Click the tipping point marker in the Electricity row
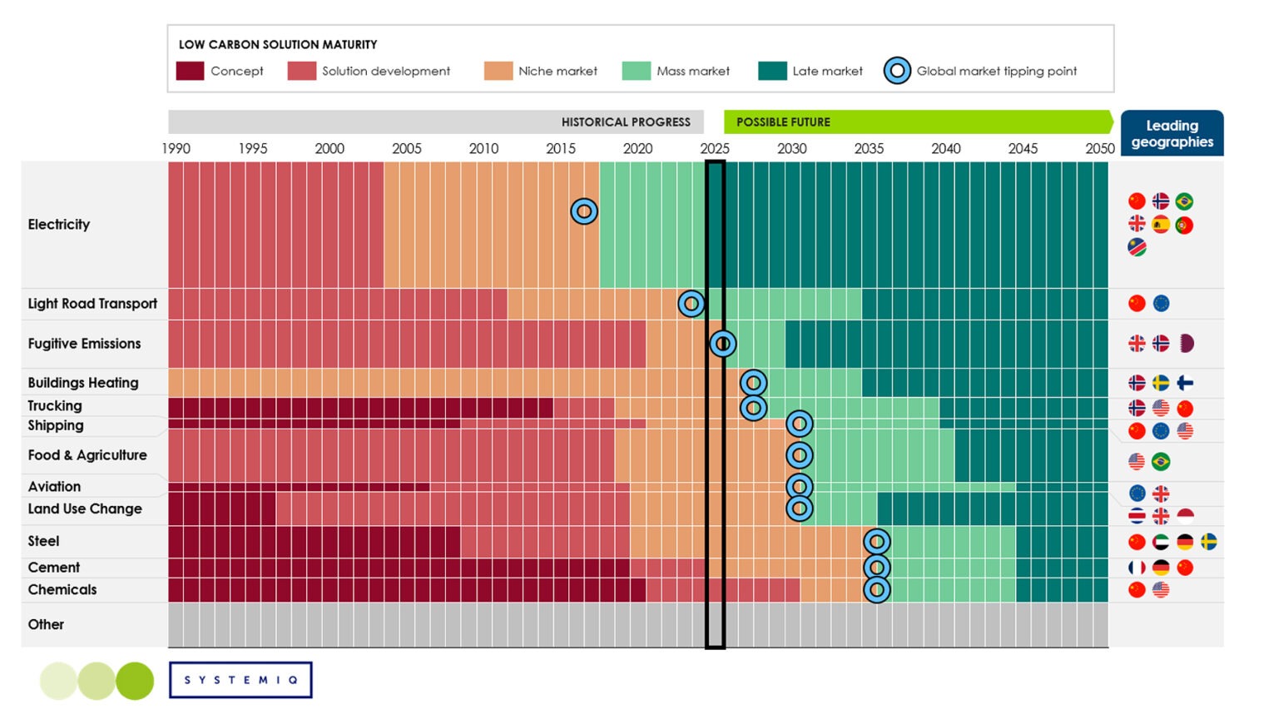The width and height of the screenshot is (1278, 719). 584,211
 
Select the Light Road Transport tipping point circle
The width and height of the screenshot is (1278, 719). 691,304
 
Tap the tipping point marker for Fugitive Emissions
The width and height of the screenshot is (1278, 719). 722,343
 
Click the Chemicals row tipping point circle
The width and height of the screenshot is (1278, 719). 876,589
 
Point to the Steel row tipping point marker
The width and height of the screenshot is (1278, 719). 876,542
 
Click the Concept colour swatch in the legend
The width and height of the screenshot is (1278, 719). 190,71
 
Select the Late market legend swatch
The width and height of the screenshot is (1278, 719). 772,71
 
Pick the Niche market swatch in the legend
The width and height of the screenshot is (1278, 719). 498,71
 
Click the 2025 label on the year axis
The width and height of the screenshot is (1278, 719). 715,148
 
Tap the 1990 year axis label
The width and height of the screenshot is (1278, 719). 176,148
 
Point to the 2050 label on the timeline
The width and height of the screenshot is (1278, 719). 1099,148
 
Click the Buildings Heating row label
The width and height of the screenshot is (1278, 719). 83,383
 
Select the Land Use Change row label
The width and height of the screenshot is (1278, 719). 85,508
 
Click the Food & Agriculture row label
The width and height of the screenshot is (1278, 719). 87,455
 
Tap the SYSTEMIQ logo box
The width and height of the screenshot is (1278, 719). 240,680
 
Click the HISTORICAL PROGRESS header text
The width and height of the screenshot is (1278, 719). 626,122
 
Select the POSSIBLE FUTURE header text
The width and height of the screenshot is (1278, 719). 783,122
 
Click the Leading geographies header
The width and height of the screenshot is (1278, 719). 1171,133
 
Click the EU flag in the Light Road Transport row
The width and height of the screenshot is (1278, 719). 1161,304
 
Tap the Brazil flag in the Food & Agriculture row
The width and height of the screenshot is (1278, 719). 1161,461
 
